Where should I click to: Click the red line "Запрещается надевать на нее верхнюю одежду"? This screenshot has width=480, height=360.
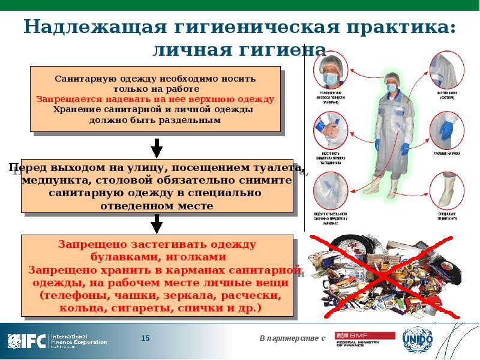(155, 98)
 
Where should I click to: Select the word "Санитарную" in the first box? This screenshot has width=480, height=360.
(82, 78)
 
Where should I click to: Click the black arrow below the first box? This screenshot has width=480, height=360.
(156, 147)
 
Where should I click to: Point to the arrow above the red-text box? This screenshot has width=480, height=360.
(156, 223)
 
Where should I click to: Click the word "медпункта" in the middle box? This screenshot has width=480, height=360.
(55, 180)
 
